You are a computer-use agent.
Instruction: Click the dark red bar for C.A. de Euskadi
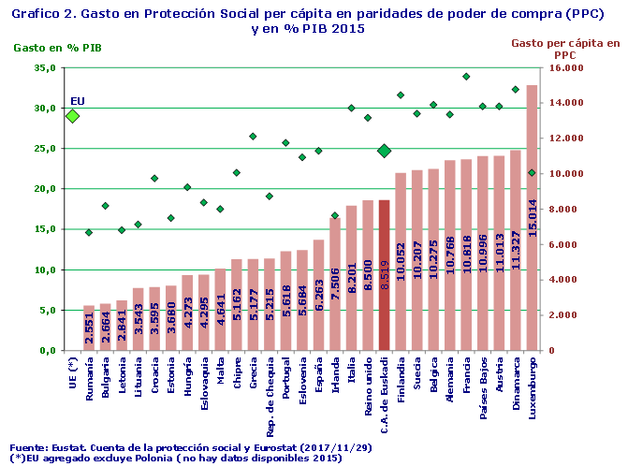point(384,275)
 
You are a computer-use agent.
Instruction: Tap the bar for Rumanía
point(89,328)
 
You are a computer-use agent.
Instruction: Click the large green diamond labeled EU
point(72,116)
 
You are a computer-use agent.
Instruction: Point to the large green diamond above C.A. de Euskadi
point(384,151)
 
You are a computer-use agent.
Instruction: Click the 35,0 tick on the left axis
point(43,68)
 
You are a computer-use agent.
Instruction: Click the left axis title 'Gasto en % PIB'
point(54,47)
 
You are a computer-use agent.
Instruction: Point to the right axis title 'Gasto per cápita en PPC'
point(565,49)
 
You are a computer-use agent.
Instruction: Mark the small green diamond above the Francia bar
point(466,77)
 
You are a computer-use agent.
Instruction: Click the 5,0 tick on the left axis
point(46,310)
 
